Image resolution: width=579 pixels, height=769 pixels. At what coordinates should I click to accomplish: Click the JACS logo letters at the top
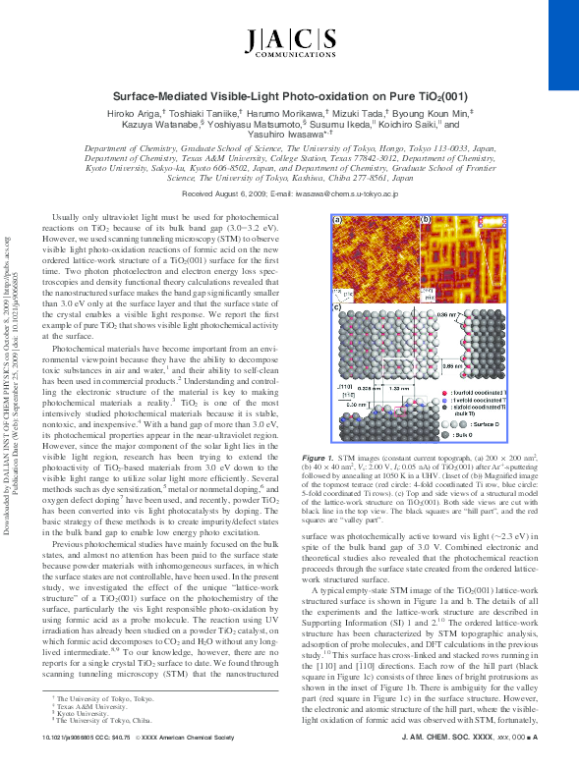[x=288, y=39]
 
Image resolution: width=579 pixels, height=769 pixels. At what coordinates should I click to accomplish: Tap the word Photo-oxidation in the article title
[x=352, y=99]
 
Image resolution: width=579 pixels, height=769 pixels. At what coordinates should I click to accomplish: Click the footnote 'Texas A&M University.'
[x=98, y=705]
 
